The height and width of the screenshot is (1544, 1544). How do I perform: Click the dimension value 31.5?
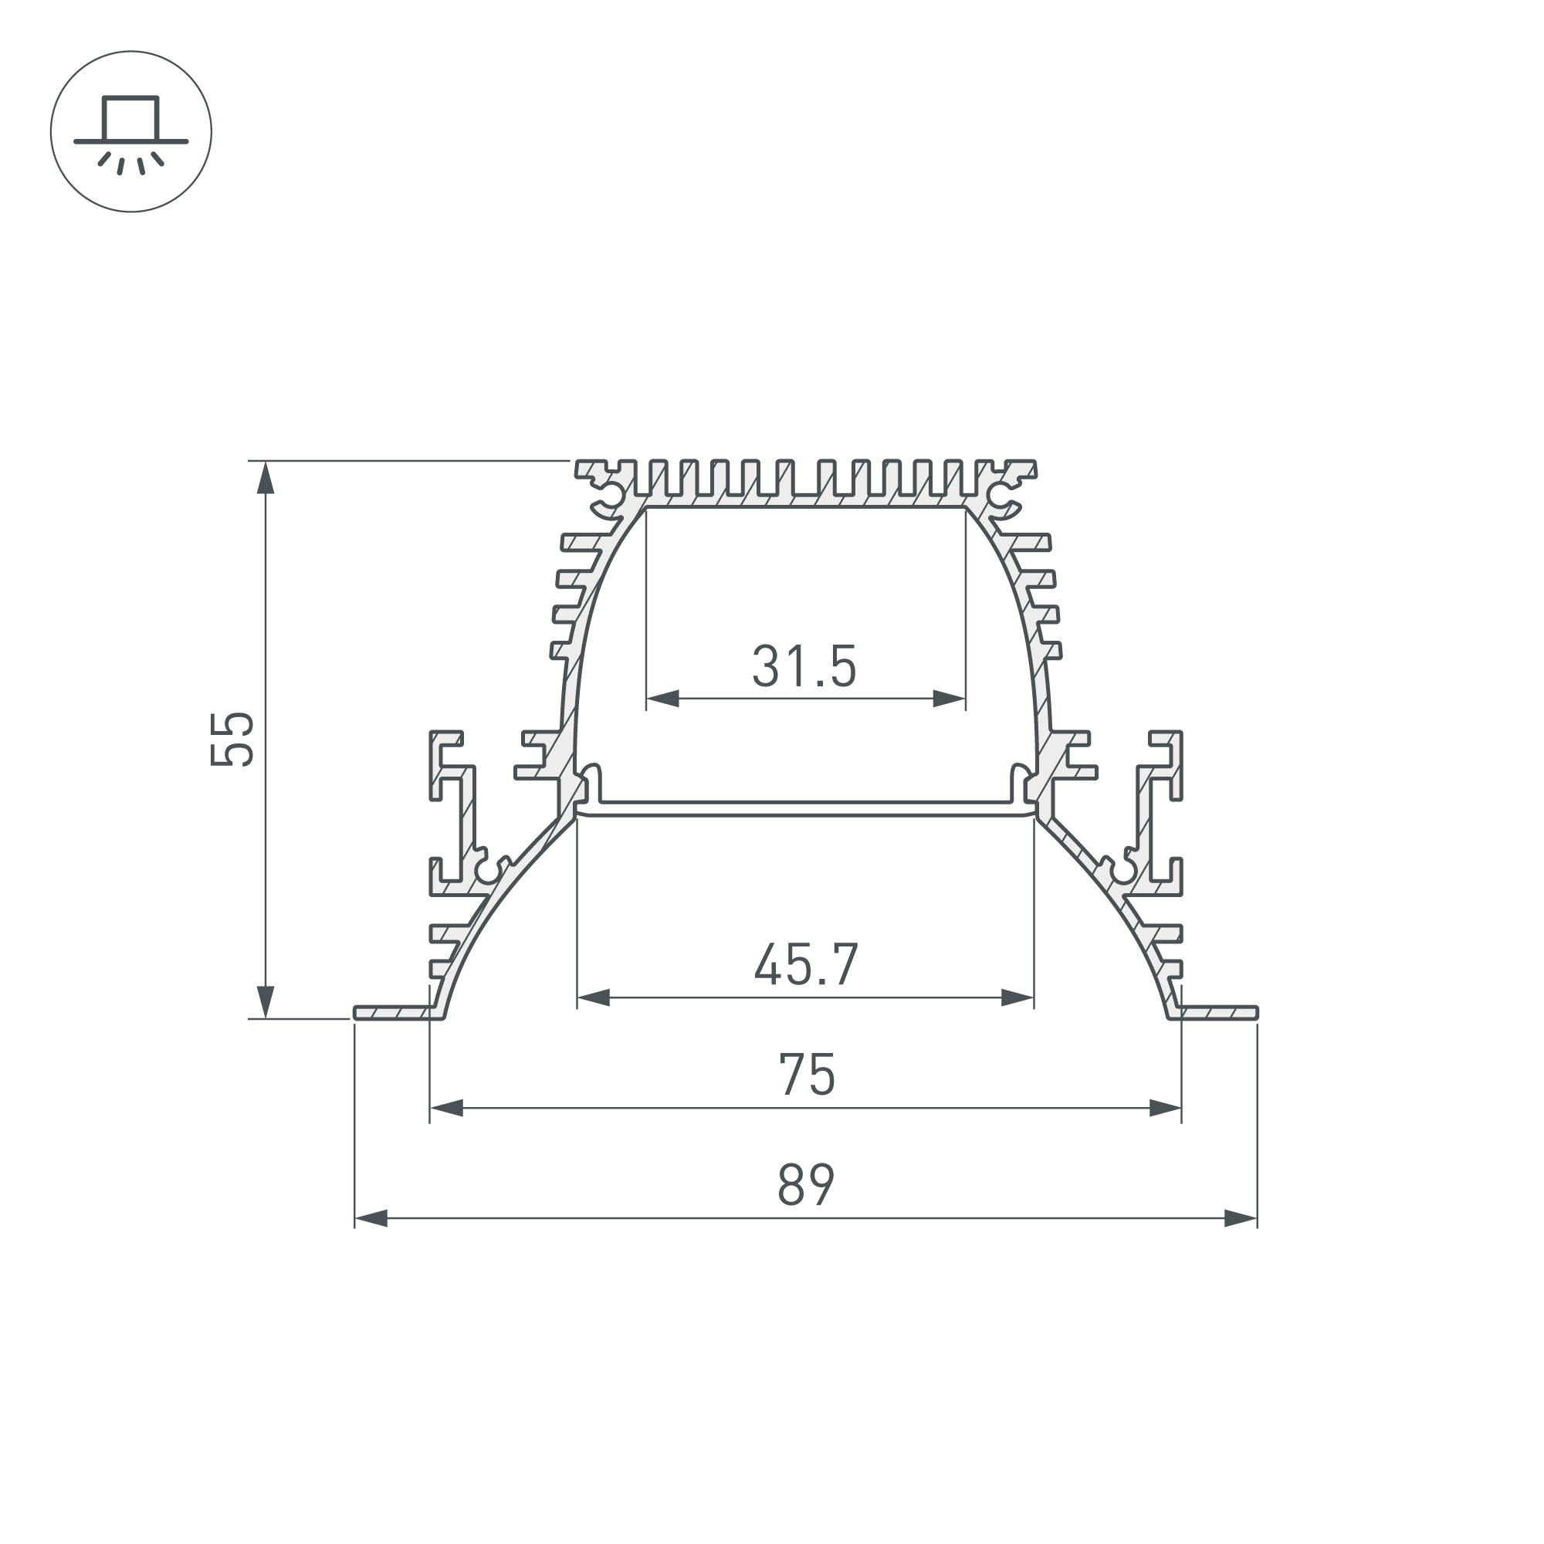pyautogui.click(x=804, y=666)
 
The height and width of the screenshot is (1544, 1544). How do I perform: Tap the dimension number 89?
pyautogui.click(x=805, y=1185)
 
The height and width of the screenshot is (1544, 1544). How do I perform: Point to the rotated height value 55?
pyautogui.click(x=232, y=739)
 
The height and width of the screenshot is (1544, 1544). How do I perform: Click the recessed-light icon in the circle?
pyautogui.click(x=131, y=132)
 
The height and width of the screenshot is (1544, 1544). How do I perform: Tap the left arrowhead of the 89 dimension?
pyautogui.click(x=371, y=1219)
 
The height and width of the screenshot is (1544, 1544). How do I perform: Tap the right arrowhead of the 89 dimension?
pyautogui.click(x=1241, y=1219)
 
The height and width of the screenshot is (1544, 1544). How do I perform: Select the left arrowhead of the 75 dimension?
pyautogui.click(x=447, y=1109)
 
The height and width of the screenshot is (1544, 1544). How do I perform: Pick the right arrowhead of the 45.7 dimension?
pyautogui.click(x=1017, y=998)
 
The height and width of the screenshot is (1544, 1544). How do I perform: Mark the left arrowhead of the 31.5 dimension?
pyautogui.click(x=662, y=699)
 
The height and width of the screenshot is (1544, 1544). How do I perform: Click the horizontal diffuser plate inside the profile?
pyautogui.click(x=805, y=809)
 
